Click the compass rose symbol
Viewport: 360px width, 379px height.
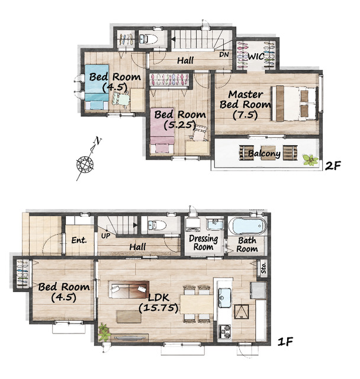coord(85,164)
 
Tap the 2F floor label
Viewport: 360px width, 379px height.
coord(333,166)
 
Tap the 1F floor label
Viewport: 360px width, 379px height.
coord(285,342)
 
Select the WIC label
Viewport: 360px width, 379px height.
coord(256,57)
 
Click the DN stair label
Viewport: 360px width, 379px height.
coord(224,54)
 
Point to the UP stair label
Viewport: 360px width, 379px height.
coord(105,236)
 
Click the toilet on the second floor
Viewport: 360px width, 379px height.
coord(149,38)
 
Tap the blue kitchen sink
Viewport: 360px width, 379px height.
coord(225,298)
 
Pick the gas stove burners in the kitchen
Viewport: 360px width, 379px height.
coord(225,332)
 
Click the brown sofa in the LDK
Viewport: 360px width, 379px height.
coord(128,290)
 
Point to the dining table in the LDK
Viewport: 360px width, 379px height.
coord(197,304)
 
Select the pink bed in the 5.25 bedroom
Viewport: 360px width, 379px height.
coord(162,131)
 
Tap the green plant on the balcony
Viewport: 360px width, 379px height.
coord(310,160)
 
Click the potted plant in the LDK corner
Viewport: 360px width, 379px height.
coord(104,332)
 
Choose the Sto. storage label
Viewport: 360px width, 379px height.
coord(263,268)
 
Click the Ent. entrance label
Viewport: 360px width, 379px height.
coord(79,240)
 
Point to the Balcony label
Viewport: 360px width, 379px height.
coord(264,154)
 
